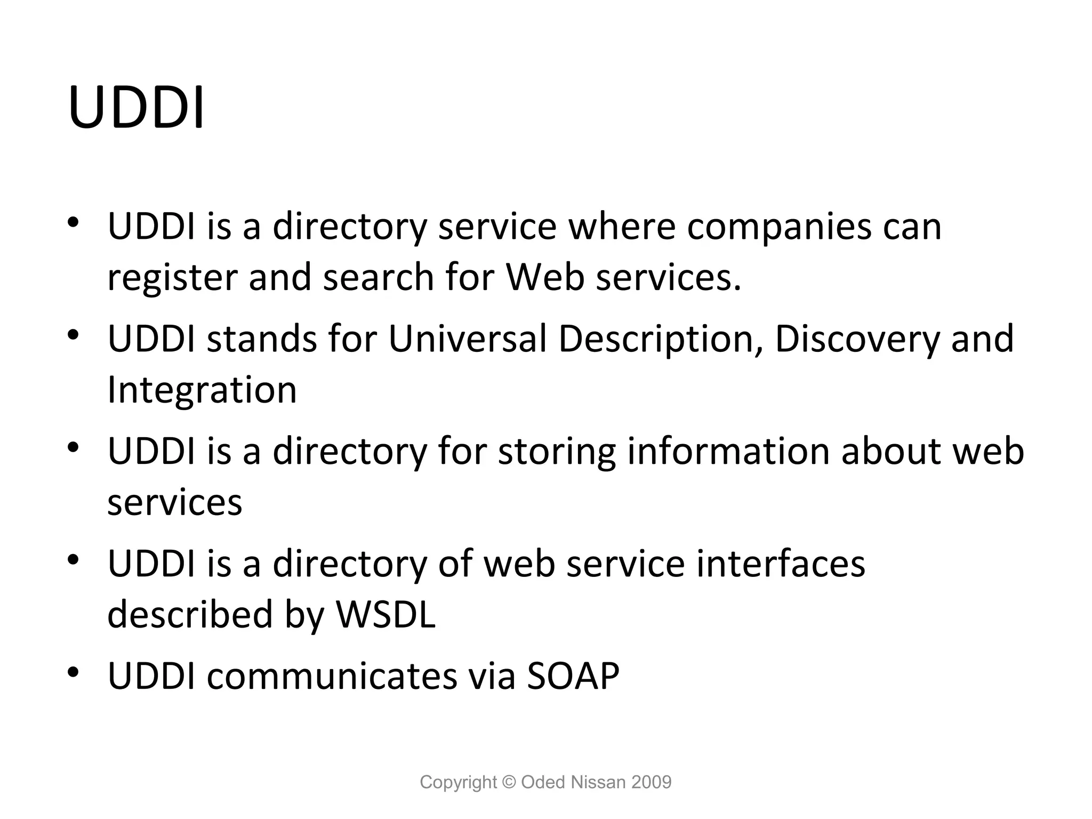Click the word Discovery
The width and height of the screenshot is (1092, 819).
pos(857,340)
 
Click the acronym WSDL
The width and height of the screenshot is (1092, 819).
pos(386,614)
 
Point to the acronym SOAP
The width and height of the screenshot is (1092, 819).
pos(573,676)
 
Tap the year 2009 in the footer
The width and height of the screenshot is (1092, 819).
pos(651,782)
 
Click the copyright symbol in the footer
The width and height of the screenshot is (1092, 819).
pos(509,782)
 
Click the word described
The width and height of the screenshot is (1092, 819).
pos(190,614)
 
